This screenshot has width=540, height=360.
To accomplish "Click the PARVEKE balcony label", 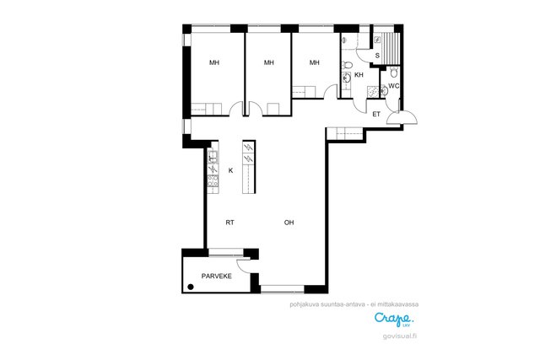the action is tap(216, 276).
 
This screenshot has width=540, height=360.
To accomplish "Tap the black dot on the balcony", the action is tap(191, 287).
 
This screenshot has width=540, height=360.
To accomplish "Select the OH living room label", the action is tap(289, 223).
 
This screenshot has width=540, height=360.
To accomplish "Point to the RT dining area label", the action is tap(230, 223).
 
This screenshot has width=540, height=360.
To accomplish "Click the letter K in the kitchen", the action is tap(230, 170).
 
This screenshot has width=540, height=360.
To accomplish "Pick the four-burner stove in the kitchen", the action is tap(213, 181).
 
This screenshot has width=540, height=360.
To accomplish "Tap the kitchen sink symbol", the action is tap(213, 157).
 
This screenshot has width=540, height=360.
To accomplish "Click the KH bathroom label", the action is tap(359, 75).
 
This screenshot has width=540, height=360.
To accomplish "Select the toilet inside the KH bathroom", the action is tap(347, 65).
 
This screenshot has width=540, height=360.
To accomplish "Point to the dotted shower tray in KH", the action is tap(373, 92).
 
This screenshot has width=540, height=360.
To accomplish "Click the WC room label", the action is tap(394, 86).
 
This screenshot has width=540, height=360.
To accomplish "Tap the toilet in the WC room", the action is tap(394, 73).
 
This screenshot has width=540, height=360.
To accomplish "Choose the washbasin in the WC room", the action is tap(385, 90).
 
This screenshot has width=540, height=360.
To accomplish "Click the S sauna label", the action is tap(377, 56).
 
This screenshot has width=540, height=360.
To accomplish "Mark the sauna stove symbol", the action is tap(377, 40).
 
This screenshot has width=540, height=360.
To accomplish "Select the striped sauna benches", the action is tap(391, 49).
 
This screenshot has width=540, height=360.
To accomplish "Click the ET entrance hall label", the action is tap(376, 115).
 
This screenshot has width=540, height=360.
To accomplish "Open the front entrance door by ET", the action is tap(402, 116).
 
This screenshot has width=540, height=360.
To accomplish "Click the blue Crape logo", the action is tap(394, 319).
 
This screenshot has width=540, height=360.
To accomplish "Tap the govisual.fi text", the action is tap(400, 336).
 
